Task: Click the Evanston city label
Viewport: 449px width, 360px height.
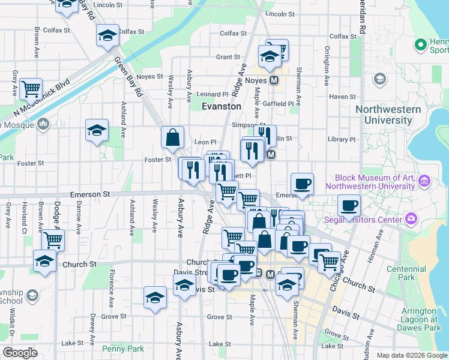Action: click(x=221, y=106)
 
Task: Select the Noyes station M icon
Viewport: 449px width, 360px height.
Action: click(x=274, y=80)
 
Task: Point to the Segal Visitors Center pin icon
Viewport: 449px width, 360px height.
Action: click(x=411, y=219)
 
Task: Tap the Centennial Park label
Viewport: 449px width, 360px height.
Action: click(x=401, y=273)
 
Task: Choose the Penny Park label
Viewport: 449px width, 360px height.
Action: click(x=123, y=349)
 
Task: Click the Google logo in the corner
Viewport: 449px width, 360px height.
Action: click(x=20, y=353)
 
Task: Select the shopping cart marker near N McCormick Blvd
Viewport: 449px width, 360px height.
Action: click(x=31, y=89)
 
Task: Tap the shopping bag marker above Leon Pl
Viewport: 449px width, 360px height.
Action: click(x=173, y=137)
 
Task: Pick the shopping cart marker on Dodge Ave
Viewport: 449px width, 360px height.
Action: click(x=53, y=240)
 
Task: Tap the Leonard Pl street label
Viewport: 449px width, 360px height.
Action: click(x=213, y=94)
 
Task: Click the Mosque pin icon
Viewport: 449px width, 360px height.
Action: click(x=43, y=124)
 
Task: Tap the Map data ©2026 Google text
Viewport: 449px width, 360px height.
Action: click(x=411, y=355)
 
